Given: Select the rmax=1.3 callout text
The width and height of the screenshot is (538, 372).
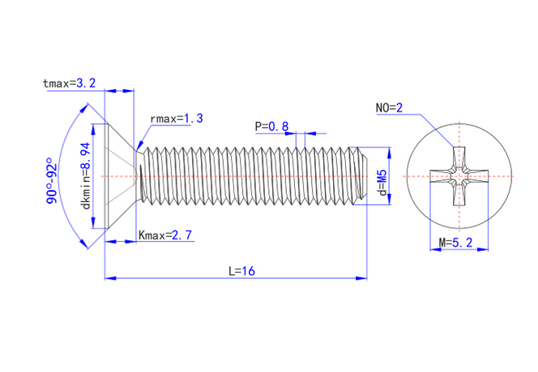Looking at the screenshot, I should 176,119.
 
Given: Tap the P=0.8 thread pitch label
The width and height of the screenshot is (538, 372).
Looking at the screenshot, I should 271,126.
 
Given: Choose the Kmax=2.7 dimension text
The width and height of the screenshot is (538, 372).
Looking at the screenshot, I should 165,235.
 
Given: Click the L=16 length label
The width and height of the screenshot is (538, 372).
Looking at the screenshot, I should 241,272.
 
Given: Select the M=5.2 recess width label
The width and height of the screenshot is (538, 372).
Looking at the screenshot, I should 460,242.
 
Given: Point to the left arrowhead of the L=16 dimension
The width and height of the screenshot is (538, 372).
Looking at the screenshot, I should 109,278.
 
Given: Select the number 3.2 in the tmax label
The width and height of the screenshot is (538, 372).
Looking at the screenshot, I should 86,83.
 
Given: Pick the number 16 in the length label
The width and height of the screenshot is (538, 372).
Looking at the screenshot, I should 248,272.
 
